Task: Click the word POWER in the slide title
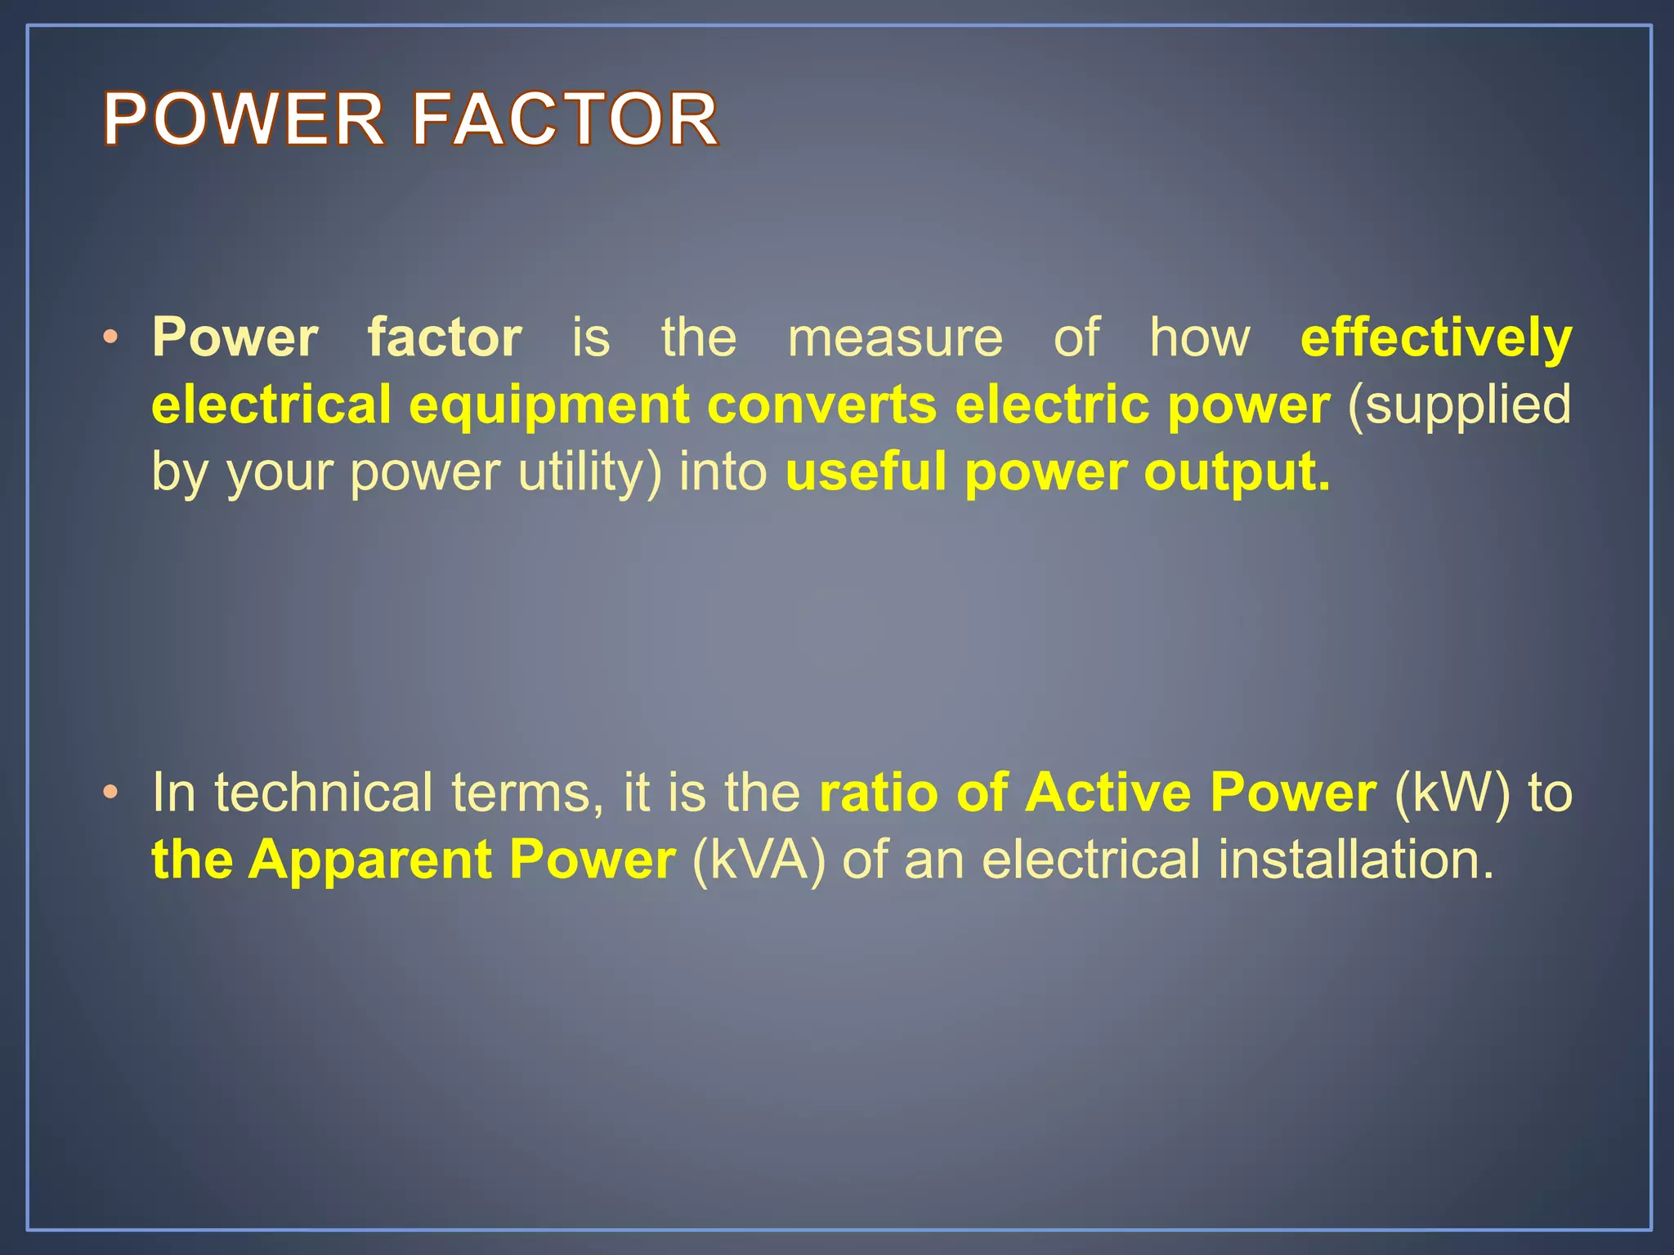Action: (244, 119)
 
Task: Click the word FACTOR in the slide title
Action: (565, 119)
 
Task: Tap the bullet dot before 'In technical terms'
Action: (111, 793)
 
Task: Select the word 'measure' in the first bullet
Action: (895, 338)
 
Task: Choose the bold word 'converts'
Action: (821, 406)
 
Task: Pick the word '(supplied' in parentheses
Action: (1458, 406)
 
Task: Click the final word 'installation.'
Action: (1356, 860)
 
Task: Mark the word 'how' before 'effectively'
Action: (1200, 338)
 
